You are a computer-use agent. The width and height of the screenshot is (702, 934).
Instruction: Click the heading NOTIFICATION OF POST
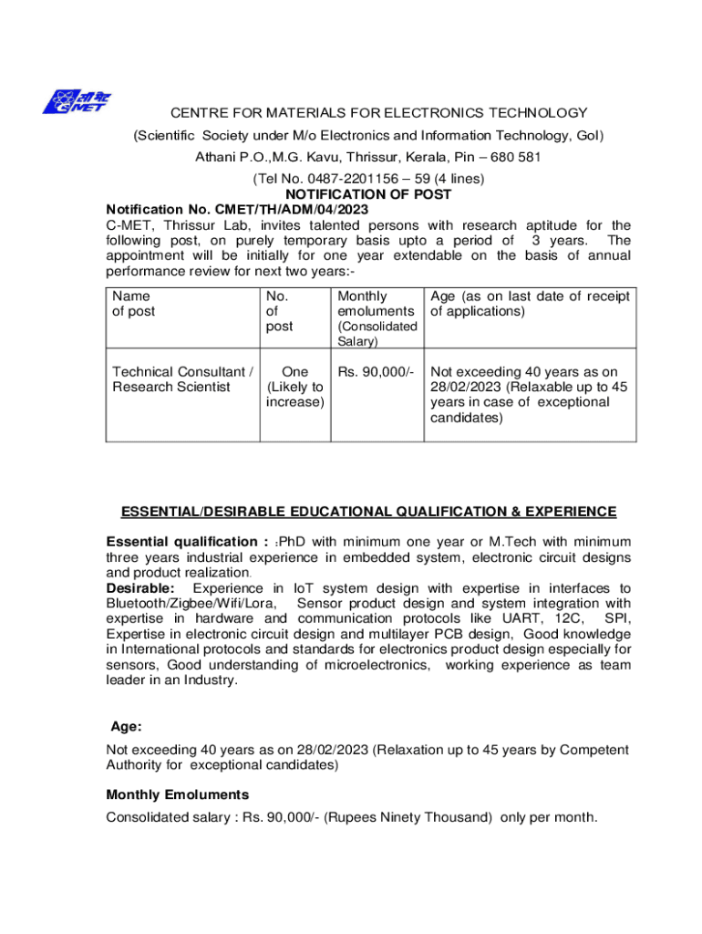pyautogui.click(x=368, y=194)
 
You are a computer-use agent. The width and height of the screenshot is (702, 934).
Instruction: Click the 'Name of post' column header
pyautogui.click(x=133, y=304)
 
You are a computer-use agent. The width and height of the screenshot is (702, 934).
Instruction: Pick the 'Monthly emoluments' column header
pyautogui.click(x=376, y=304)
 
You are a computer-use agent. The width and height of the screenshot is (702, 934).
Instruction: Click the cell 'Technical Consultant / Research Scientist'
pyautogui.click(x=182, y=379)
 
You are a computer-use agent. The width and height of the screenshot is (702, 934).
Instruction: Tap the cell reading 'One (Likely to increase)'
pyautogui.click(x=294, y=387)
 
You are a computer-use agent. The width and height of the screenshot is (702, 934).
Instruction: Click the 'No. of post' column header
pyautogui.click(x=279, y=311)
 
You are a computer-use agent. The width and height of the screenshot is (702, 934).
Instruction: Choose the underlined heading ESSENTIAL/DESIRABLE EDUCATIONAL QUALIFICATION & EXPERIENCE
pyautogui.click(x=368, y=512)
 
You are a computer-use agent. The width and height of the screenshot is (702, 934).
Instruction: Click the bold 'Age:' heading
pyautogui.click(x=126, y=727)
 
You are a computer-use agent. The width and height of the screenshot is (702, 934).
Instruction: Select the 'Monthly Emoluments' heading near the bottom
pyautogui.click(x=177, y=794)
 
